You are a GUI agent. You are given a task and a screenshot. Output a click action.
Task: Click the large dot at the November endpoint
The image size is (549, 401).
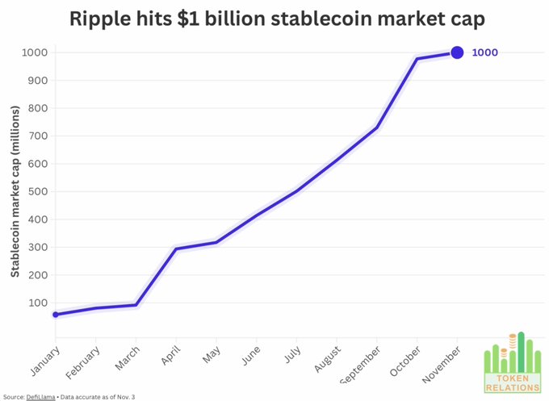tap(457, 52)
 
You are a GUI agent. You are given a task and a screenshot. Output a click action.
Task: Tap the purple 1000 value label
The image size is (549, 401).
tap(484, 52)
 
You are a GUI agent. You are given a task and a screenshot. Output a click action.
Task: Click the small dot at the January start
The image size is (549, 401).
tap(56, 315)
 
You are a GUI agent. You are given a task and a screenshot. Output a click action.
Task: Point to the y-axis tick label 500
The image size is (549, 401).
tap(36, 191)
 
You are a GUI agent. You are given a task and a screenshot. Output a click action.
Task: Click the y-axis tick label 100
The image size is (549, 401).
tap(36, 303)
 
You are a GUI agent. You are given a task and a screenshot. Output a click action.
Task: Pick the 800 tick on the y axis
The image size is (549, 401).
tap(36, 108)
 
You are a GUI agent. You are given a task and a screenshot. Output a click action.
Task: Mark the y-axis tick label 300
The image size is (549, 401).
tap(36, 247)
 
